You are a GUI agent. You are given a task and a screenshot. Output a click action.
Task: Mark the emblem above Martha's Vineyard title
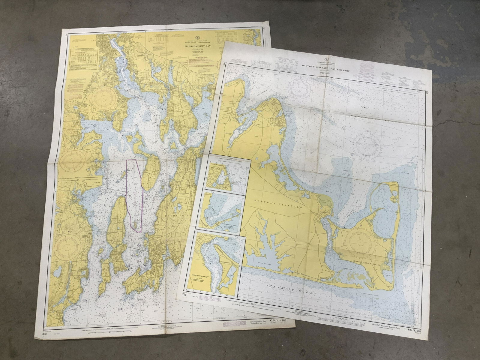click(x=326, y=59)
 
